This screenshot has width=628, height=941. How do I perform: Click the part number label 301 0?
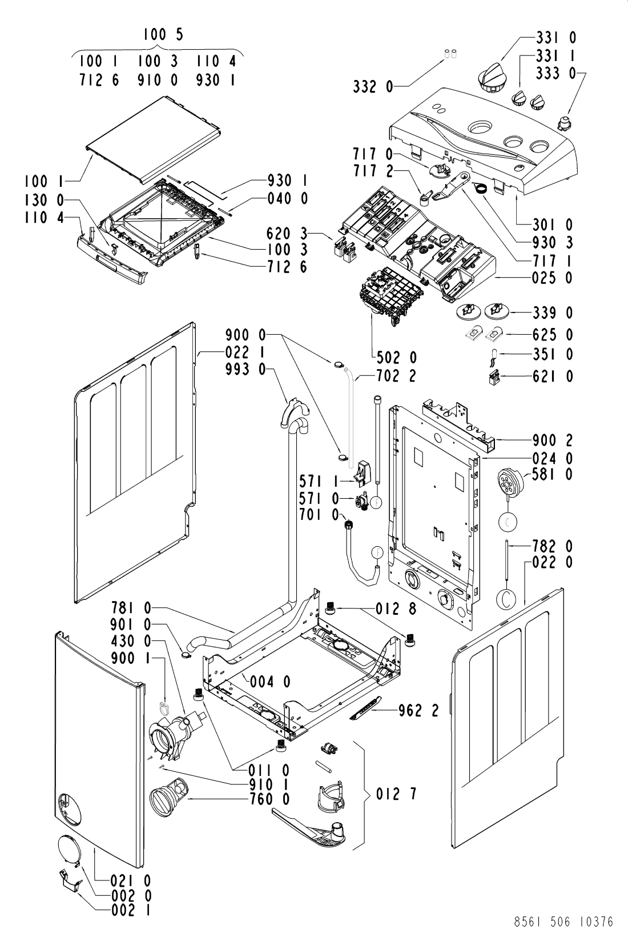553,225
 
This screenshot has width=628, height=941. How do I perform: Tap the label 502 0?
397,358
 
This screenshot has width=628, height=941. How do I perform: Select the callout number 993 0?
245,370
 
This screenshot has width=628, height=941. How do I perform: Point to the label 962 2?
418,710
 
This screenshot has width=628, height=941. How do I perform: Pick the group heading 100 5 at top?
163,34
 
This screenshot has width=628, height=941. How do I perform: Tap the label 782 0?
553,547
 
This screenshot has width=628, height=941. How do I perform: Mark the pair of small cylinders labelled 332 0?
450,53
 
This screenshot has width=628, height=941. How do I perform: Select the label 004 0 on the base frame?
271,682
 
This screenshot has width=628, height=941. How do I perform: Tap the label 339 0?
553,313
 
